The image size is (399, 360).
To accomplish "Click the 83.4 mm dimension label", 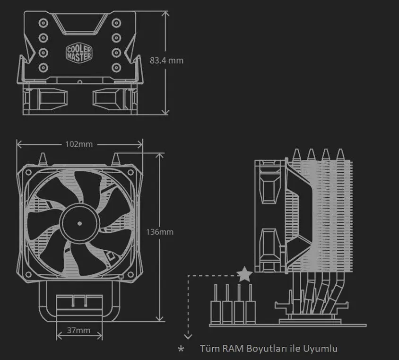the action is click(166, 61).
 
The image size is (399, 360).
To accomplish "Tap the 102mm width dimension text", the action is click(79, 144).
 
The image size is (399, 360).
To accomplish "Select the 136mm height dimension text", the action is click(159, 232).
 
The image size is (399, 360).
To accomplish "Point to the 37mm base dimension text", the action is click(78, 330).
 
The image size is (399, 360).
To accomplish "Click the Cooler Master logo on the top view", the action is click(79, 53).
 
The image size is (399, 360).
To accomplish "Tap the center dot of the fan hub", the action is click(79, 224).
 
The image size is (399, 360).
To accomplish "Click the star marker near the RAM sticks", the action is click(244, 274).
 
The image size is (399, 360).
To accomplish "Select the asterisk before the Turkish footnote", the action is click(181, 349).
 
